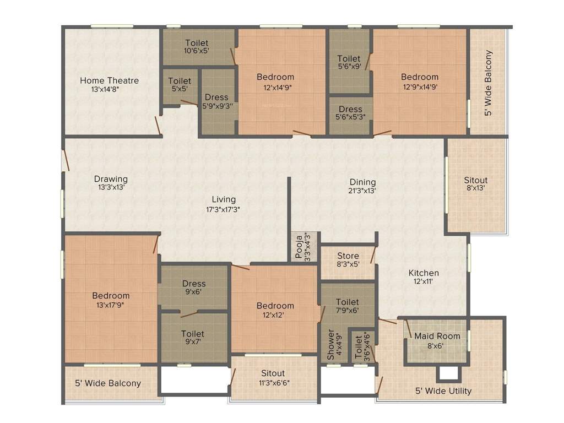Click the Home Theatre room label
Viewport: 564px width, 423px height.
click(x=109, y=80)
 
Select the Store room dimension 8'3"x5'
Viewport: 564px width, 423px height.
click(x=348, y=264)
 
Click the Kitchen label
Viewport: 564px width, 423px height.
click(x=424, y=273)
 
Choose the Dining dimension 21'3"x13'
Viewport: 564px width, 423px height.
click(x=362, y=191)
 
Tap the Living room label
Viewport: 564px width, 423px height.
click(x=224, y=199)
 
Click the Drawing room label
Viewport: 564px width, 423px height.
click(x=111, y=179)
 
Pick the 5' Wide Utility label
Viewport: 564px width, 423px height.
click(x=443, y=391)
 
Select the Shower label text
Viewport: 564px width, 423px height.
click(x=331, y=345)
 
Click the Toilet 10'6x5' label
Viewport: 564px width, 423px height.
click(x=197, y=43)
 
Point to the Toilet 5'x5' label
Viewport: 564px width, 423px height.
click(x=180, y=81)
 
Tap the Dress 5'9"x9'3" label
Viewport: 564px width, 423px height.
click(x=216, y=97)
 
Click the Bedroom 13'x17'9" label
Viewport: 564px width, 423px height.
click(x=111, y=296)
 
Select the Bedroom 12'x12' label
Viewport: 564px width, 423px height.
click(x=275, y=306)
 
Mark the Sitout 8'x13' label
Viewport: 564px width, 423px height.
click(x=476, y=180)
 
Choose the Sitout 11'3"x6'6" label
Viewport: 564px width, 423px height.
click(x=273, y=374)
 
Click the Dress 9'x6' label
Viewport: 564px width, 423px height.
click(x=194, y=284)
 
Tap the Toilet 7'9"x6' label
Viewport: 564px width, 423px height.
click(x=348, y=302)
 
